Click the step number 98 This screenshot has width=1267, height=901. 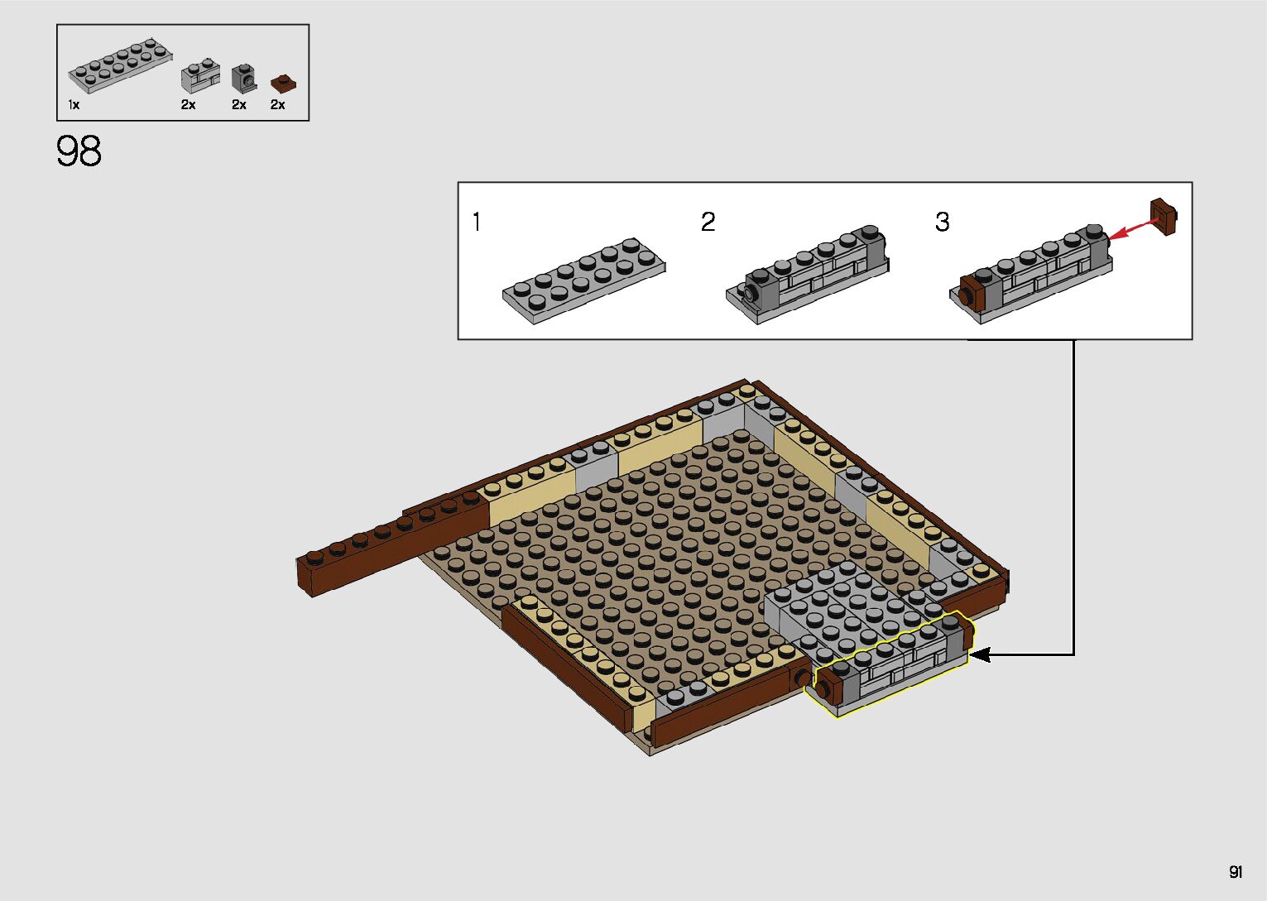point(79,151)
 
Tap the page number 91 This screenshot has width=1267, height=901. point(1236,872)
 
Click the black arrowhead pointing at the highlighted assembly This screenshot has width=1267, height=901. point(979,655)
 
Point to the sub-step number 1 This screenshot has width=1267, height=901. point(477,221)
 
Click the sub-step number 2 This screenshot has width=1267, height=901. point(708,222)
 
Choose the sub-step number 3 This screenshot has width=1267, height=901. point(943,222)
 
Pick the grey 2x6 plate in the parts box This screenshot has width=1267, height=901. point(121,65)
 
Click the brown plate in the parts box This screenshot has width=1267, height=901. point(283,84)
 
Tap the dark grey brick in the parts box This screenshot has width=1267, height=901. point(244,79)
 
